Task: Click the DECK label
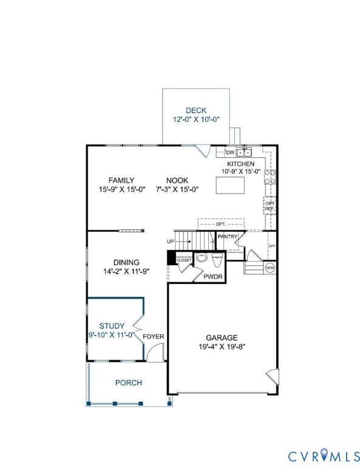point(196,110)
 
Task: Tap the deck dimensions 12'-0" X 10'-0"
point(196,120)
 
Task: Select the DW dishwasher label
point(230,152)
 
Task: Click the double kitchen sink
point(245,152)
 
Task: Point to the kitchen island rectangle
point(233,185)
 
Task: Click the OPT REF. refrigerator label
point(270,206)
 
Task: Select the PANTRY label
point(227,236)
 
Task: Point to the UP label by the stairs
point(171,241)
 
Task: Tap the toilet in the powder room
point(217,260)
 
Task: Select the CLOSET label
point(184,260)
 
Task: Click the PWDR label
point(213,276)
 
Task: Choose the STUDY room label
point(112,325)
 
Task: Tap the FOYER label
point(154,336)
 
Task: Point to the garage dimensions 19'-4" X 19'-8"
point(221,347)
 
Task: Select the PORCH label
point(128,382)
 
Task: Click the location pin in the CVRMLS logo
point(323,453)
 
